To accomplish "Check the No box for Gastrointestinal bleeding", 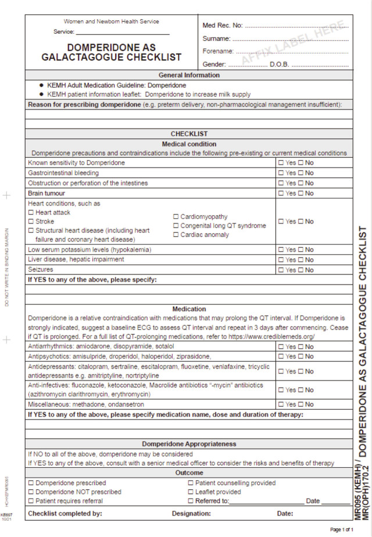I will click(x=301, y=173).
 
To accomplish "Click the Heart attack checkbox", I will click(x=31, y=213).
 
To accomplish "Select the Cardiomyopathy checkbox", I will click(x=176, y=217).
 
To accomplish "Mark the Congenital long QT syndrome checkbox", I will click(x=176, y=226).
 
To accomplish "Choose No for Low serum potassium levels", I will click(x=301, y=250).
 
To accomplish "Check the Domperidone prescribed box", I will click(x=31, y=483).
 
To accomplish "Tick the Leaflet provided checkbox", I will click(x=191, y=492).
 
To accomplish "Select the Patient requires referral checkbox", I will click(x=31, y=501).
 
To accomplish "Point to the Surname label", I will click(x=216, y=38).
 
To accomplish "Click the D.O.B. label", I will click(x=279, y=64).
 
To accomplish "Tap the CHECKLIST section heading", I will click(x=189, y=134).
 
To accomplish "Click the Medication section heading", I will click(x=189, y=309).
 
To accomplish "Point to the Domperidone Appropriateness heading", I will click(x=189, y=444).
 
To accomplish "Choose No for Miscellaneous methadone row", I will click(x=301, y=404).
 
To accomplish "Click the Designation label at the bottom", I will click(x=191, y=514).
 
